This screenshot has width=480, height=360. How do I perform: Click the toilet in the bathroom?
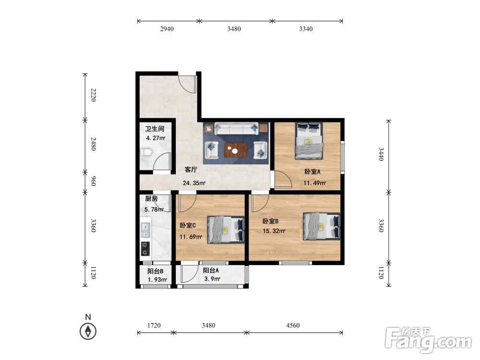point(146,152)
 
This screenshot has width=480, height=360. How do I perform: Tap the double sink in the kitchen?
point(145,230)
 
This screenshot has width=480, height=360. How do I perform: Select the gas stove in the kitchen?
point(145,249)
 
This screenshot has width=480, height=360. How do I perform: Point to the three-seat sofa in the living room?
point(236,129)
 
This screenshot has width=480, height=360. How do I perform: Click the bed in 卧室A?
point(309,141)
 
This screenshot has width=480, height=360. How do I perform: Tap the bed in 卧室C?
point(226,230)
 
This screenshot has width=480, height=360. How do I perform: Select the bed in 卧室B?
point(322,226)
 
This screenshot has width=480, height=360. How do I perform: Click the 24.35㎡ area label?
point(194,183)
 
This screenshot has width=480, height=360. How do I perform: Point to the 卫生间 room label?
point(155,129)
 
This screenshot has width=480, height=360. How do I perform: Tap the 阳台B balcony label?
point(155,271)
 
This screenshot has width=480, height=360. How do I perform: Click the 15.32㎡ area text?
point(274,231)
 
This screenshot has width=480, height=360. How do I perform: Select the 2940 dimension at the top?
point(167,29)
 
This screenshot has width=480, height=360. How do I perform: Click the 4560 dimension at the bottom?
point(293,325)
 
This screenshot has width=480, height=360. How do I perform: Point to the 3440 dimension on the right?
point(381,154)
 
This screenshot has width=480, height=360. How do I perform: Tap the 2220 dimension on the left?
point(94,95)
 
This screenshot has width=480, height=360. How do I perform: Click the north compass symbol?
point(88,331)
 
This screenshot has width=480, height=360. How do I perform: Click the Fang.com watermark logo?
point(429,340)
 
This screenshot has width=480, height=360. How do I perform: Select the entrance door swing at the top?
point(187,84)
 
